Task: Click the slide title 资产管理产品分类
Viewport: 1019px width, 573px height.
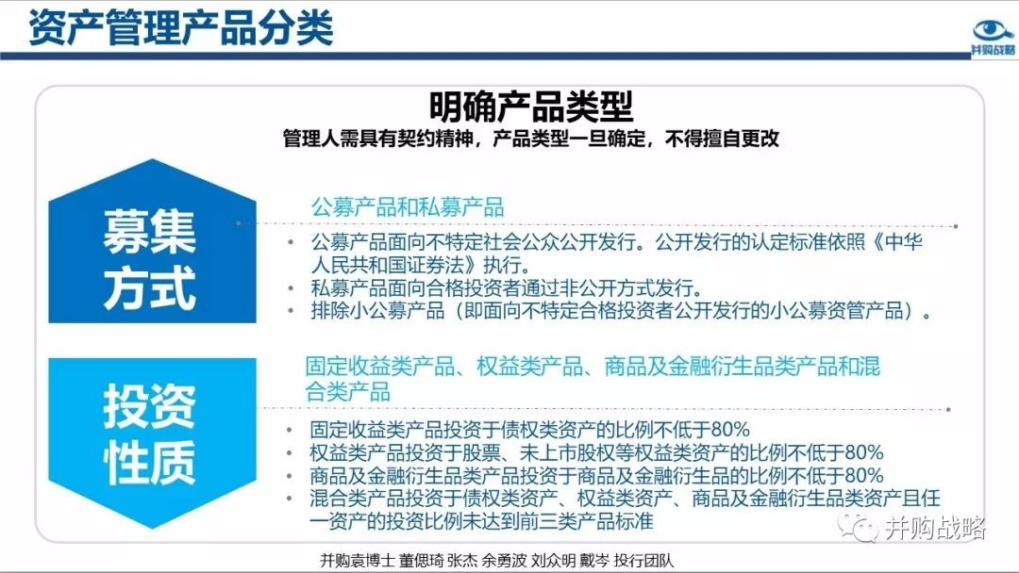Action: (180, 28)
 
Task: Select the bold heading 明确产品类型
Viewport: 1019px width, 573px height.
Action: (531, 106)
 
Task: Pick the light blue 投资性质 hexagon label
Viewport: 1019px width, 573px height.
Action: (150, 434)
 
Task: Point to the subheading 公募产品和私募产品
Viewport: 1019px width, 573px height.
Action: (408, 207)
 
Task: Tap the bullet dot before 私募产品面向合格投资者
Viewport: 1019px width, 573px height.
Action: (291, 288)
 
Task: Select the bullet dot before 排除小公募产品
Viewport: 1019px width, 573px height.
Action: (291, 311)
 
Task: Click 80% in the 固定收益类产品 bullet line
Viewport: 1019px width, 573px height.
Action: (730, 429)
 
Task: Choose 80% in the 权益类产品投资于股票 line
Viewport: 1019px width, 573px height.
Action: (864, 451)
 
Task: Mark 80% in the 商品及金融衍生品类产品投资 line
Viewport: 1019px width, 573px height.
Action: (864, 475)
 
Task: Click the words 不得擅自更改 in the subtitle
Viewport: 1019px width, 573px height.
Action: (722, 139)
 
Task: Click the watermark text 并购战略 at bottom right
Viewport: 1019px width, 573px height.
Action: (935, 528)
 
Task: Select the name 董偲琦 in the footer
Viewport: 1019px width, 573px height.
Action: (421, 560)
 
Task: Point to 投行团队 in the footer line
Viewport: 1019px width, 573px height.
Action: (644, 560)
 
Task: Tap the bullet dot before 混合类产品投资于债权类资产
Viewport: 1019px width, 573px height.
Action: (291, 499)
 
